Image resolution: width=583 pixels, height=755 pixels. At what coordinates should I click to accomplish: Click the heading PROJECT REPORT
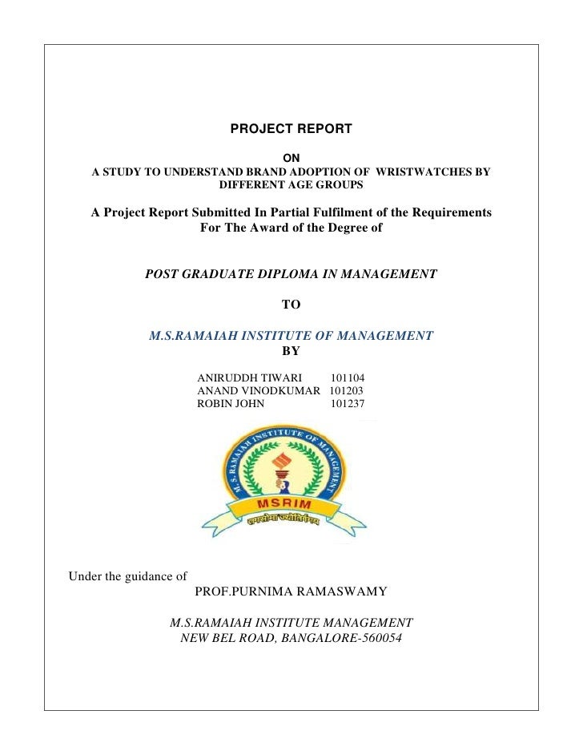(x=291, y=128)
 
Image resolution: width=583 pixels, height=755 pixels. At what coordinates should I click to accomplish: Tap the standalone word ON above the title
(x=291, y=158)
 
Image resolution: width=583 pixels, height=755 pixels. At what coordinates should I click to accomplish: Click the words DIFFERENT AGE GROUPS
(x=291, y=185)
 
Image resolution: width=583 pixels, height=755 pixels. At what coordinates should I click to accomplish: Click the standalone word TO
(x=291, y=305)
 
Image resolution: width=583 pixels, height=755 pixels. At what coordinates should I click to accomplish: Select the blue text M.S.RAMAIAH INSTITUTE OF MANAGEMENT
(x=291, y=336)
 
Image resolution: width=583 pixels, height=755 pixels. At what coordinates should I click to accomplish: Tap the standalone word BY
(x=291, y=350)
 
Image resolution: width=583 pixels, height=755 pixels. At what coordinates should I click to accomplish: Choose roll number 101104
(x=348, y=377)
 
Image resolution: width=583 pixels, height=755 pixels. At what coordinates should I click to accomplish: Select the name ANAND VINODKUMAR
(x=259, y=390)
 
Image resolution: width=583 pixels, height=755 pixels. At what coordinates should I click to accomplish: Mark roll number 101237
(x=348, y=404)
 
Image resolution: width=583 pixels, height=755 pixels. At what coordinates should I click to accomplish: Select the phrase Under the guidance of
(x=128, y=575)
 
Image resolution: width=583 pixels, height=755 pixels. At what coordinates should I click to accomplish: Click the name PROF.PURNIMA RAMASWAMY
(x=291, y=592)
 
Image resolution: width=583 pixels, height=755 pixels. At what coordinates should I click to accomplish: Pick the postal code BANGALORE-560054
(x=340, y=639)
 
